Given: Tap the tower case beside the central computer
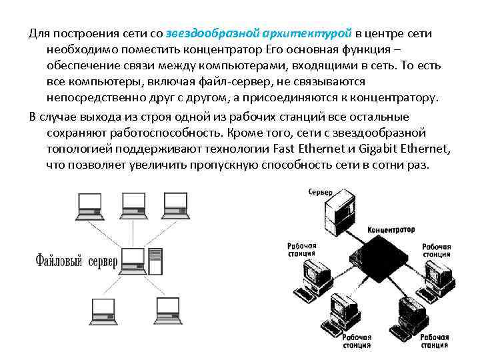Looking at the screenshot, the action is pyautogui.click(x=155, y=261).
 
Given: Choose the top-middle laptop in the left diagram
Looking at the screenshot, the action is pyautogui.click(x=131, y=206).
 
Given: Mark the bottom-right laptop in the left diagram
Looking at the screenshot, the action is pyautogui.click(x=167, y=308).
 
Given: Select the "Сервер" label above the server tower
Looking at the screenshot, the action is pyautogui.click(x=321, y=192).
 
